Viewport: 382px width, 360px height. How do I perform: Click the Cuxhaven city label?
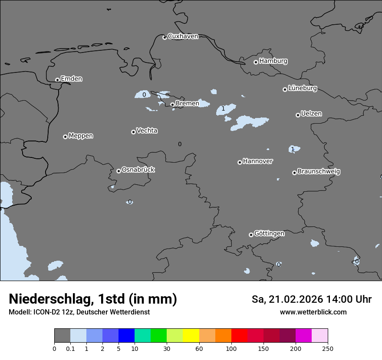click(x=183, y=36)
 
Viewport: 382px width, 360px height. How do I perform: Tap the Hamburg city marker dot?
click(x=256, y=62)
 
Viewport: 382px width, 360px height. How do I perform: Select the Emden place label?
click(x=71, y=79)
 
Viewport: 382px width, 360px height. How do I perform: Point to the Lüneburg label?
click(x=302, y=88)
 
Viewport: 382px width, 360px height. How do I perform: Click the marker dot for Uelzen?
click(x=298, y=115)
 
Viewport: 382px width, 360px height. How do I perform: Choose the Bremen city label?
click(x=187, y=104)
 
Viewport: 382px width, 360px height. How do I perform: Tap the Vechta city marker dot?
click(x=133, y=132)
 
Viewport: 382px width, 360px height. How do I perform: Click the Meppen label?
click(x=81, y=136)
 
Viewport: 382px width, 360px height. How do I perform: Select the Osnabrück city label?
click(x=138, y=170)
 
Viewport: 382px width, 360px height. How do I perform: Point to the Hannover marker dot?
click(x=240, y=162)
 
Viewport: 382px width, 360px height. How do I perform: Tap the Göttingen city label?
click(x=269, y=234)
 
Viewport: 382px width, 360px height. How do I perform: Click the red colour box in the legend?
click(x=239, y=336)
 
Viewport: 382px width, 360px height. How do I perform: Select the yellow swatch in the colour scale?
click(x=191, y=336)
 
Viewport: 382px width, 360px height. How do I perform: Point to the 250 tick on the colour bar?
click(x=327, y=348)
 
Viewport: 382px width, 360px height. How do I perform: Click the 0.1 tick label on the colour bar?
click(x=70, y=348)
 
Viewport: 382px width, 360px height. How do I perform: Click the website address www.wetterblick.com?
click(x=313, y=312)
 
